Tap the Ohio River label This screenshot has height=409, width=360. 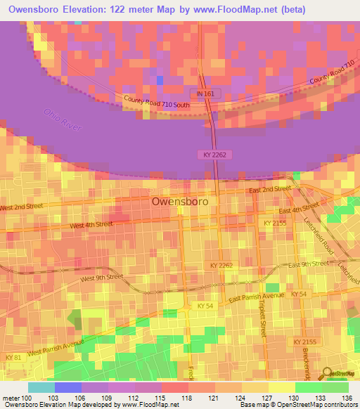click(x=63, y=120)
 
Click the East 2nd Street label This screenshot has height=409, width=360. click(x=269, y=189)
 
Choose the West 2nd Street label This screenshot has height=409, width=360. click(x=22, y=207)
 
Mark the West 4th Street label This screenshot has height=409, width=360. click(x=91, y=225)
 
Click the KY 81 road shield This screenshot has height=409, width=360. click(x=12, y=358)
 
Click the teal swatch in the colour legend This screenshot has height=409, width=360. click(x=41, y=387)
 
